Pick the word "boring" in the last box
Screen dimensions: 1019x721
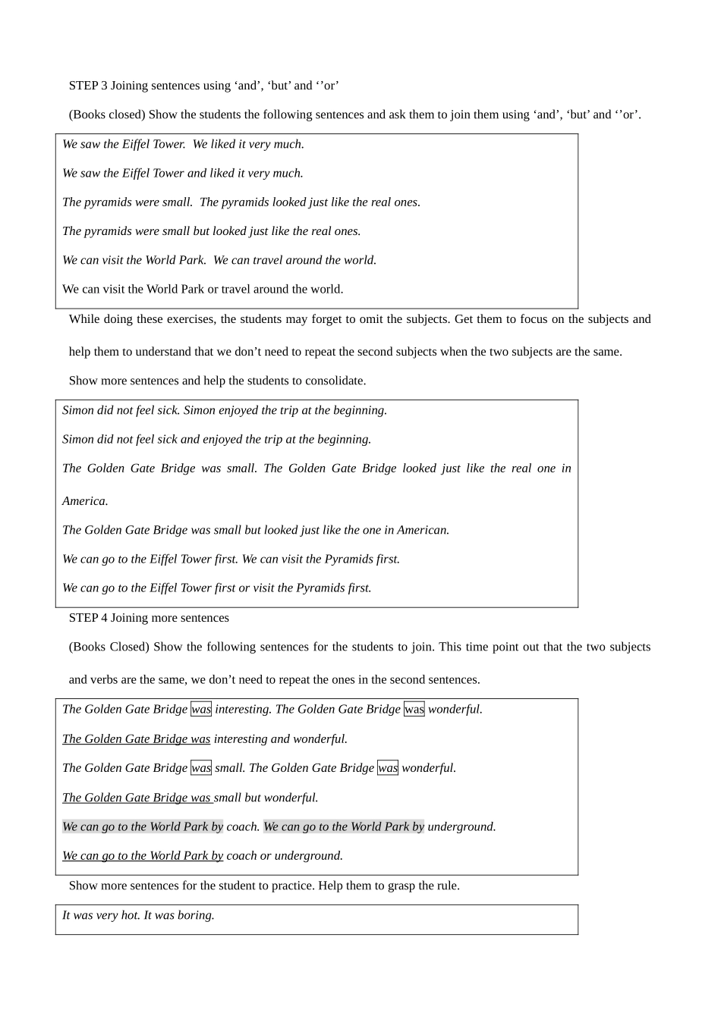coord(196,915)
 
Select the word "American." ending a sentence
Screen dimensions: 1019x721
coord(424,530)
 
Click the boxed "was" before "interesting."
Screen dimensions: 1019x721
coord(201,710)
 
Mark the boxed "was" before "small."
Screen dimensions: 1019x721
coord(201,768)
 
